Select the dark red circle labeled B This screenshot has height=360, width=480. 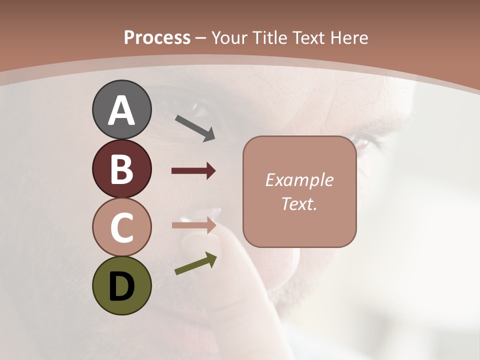[121, 168]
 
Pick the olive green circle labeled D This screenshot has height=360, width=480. [121, 285]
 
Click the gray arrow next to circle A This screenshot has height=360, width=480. [195, 127]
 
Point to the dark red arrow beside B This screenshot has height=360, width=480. [193, 171]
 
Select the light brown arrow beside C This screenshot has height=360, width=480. [193, 225]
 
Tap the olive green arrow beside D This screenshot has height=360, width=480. [195, 263]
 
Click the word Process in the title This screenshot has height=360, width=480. [157, 37]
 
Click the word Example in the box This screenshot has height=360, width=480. [299, 180]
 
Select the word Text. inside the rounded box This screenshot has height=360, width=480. [299, 203]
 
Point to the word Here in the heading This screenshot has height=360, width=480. [350, 37]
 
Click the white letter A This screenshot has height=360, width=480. [121, 110]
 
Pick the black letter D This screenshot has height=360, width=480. [121, 286]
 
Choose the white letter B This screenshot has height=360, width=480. [121, 169]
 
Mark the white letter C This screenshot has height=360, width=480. [121, 227]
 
